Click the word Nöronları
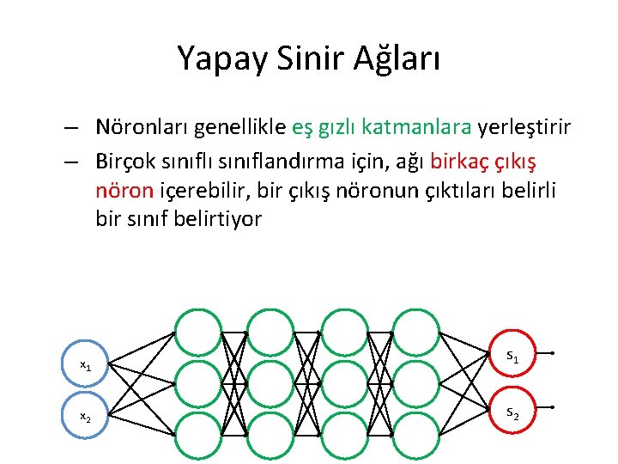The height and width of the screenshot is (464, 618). coord(142,128)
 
